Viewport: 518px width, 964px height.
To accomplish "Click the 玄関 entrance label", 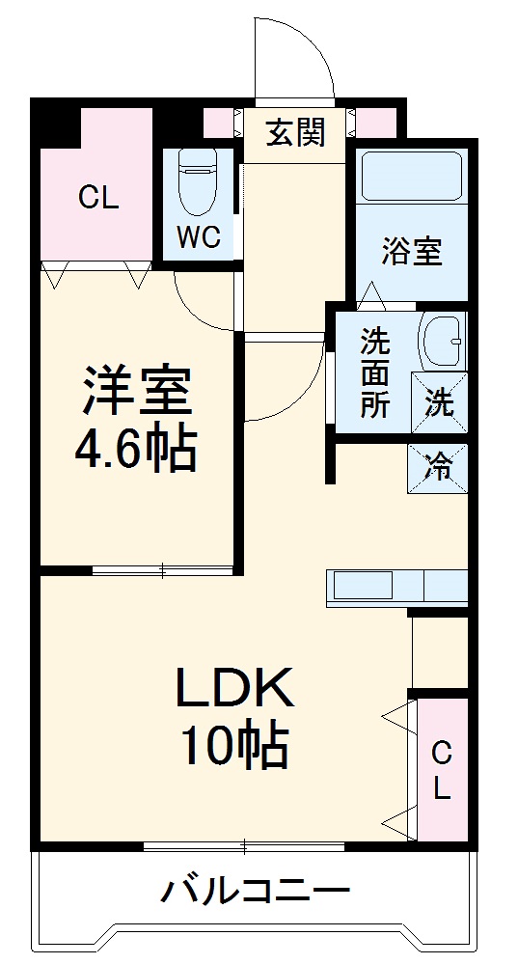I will click(x=294, y=134).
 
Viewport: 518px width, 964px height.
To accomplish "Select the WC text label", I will click(x=199, y=237).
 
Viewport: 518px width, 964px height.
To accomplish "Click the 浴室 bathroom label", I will click(x=411, y=251).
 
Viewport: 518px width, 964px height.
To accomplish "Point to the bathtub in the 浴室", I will click(x=411, y=176).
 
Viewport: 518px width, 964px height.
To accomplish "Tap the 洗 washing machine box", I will click(x=439, y=402).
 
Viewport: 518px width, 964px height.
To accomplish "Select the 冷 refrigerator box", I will click(x=439, y=469).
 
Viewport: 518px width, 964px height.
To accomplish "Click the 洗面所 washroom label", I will click(x=376, y=373).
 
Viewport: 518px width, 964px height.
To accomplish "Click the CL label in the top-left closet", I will click(x=98, y=199).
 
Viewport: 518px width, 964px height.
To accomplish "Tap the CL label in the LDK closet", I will click(x=441, y=769).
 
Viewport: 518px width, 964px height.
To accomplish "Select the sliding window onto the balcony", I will click(x=244, y=846).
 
